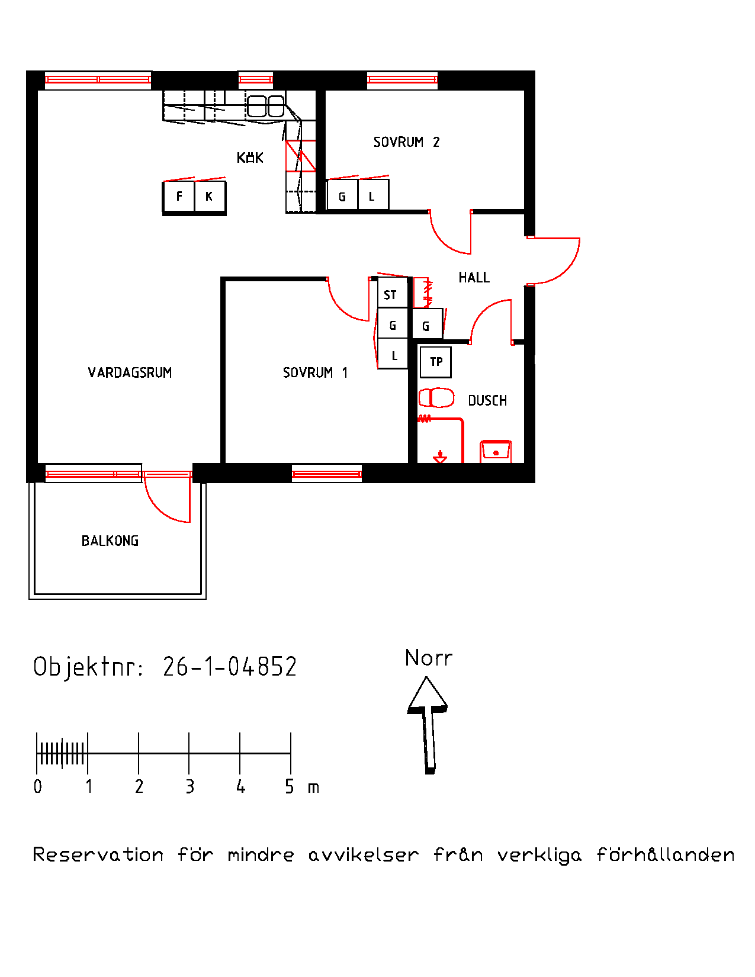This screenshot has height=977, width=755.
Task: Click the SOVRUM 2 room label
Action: [x=406, y=142]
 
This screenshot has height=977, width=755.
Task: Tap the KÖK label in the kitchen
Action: [x=250, y=158]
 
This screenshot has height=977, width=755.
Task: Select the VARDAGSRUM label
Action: [x=130, y=372]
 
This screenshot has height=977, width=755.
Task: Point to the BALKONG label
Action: [x=110, y=541]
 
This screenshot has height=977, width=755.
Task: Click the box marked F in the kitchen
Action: [x=179, y=196]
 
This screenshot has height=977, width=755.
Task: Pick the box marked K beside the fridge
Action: [x=210, y=196]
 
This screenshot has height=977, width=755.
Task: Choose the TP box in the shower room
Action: [x=435, y=362]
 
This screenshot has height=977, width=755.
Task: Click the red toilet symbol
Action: [x=436, y=398]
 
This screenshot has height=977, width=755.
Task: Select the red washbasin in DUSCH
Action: [x=496, y=451]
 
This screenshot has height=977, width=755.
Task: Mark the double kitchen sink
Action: [x=265, y=107]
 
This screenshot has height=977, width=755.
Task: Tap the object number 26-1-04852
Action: [x=230, y=666]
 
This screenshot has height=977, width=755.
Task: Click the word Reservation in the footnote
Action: [x=98, y=854]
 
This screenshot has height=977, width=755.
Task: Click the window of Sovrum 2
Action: [x=402, y=79]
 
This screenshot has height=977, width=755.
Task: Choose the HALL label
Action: [x=474, y=277]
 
